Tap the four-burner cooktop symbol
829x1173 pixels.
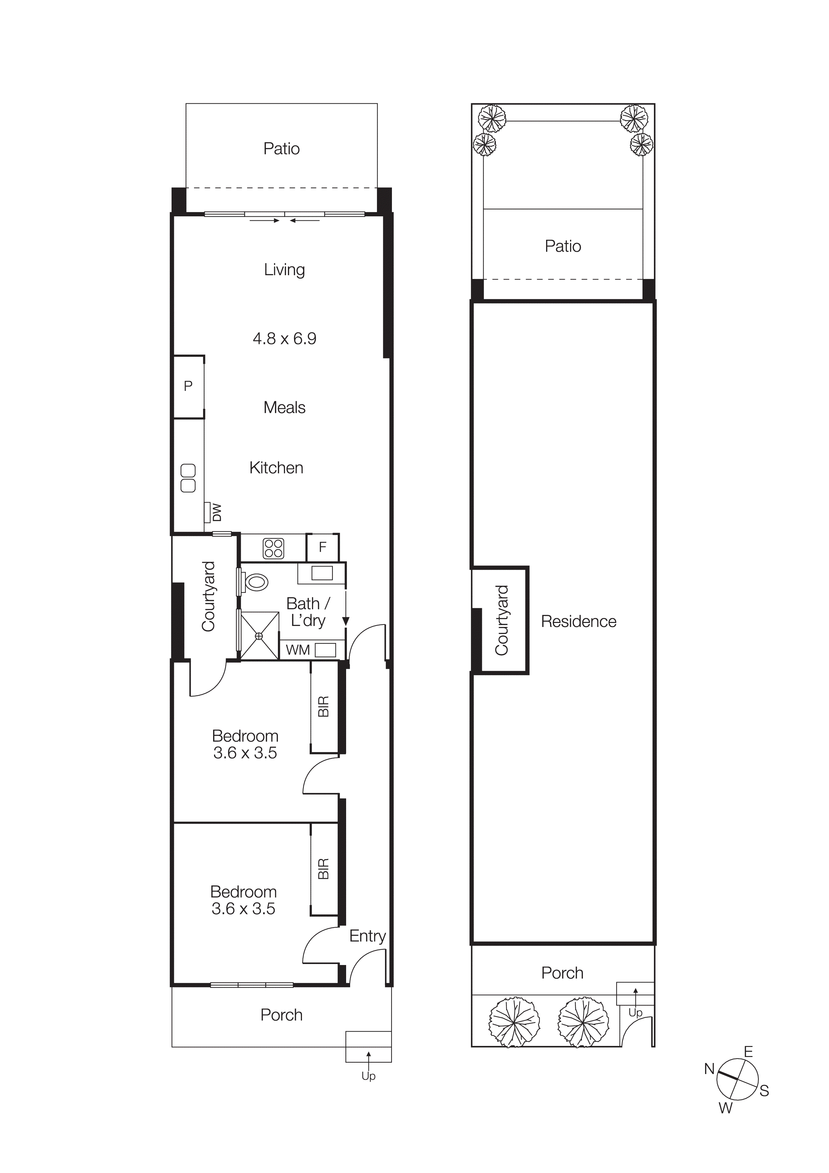coord(273,549)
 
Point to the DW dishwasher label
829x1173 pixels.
coord(217,512)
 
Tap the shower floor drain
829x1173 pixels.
coord(259,636)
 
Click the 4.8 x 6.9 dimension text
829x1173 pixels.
coord(285,339)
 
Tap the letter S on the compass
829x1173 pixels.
coord(764,1091)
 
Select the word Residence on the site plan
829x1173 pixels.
coord(578,622)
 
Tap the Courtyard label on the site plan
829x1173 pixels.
coord(502,620)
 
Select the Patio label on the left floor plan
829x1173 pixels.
coord(282,149)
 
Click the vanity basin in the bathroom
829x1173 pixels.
coord(322,573)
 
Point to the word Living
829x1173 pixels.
coord(285,270)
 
